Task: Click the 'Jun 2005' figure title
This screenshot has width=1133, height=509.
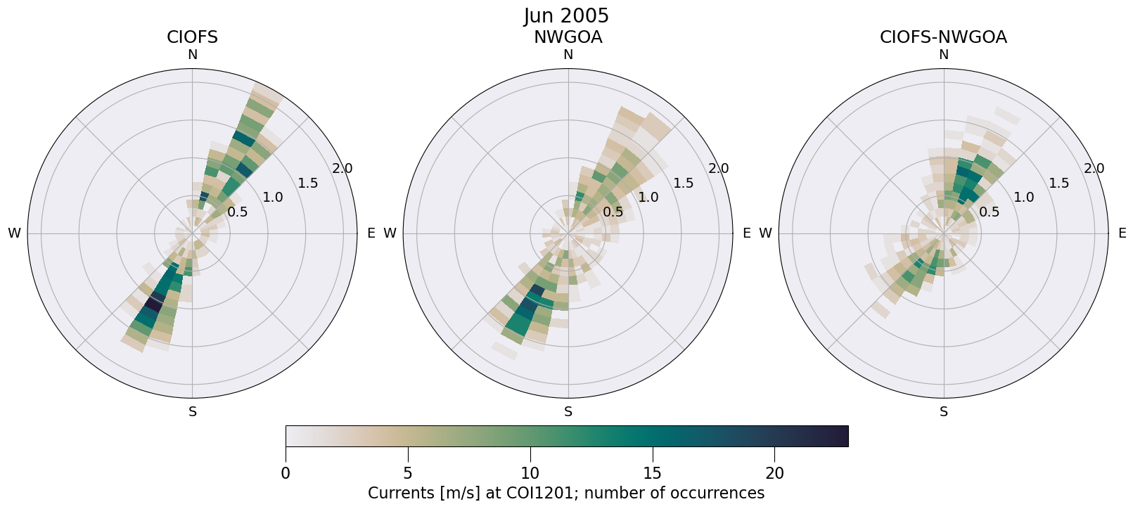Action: tap(566, 16)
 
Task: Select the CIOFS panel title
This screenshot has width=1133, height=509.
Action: tap(192, 37)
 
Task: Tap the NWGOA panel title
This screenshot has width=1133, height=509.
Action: tap(568, 37)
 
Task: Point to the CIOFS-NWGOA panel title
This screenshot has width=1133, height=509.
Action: tap(943, 37)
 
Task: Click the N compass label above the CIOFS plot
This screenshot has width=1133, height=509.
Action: tap(192, 55)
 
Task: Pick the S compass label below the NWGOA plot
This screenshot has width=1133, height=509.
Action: tap(568, 412)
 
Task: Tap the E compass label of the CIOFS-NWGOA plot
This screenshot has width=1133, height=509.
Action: tap(1122, 233)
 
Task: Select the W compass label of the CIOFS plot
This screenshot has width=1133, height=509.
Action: tap(14, 233)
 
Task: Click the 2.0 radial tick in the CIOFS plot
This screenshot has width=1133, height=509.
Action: tap(343, 169)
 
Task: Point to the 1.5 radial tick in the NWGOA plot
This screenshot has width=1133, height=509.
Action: tap(683, 183)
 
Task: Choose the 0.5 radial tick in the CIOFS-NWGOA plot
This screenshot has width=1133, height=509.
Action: tap(989, 212)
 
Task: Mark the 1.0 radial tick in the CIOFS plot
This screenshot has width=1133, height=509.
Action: tap(273, 198)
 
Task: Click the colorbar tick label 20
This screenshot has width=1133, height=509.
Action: tap(774, 474)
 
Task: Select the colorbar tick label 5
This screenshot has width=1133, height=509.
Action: tap(407, 474)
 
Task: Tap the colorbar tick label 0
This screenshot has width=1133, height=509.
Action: tap(286, 474)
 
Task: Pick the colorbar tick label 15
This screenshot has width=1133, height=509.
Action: tap(652, 474)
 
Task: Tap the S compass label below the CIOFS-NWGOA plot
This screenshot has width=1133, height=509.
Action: tap(944, 412)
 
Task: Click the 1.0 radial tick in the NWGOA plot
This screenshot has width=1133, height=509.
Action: tap(648, 198)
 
